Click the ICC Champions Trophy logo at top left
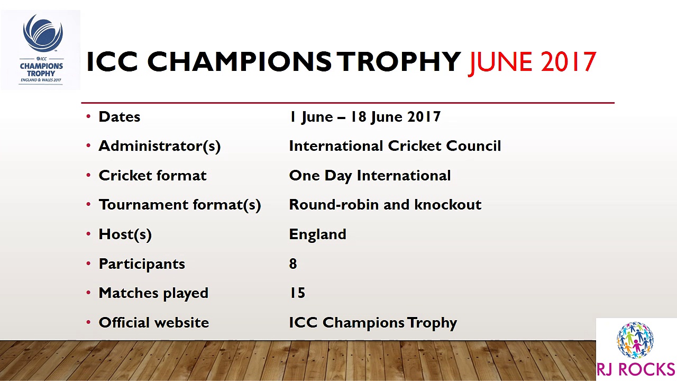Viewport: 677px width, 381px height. pos(41,50)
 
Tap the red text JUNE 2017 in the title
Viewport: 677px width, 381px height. pos(532,62)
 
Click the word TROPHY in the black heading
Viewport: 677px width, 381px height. pos(399,61)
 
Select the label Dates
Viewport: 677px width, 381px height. pos(120,117)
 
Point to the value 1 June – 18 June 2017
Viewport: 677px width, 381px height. pos(365,117)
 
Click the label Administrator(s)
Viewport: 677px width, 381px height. pos(160,147)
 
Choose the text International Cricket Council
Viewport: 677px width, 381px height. pos(395,146)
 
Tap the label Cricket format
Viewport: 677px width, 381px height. pos(153,175)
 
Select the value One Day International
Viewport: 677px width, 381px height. pos(370,176)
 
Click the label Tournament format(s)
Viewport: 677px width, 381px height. pos(180,205)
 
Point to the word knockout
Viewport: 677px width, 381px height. pos(448,205)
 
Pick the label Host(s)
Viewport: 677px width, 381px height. pos(125,234)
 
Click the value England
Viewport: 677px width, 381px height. pos(318,234)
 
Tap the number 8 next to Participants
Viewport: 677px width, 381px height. pos(293,264)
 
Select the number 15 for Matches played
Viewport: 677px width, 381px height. pos(297,293)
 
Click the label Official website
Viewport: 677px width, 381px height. pos(154,323)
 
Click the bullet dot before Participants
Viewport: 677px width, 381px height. pos(88,264)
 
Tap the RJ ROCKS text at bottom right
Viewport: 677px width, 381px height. pos(636,369)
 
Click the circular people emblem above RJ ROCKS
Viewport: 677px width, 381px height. pos(635,340)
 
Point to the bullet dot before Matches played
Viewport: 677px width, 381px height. pos(88,293)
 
